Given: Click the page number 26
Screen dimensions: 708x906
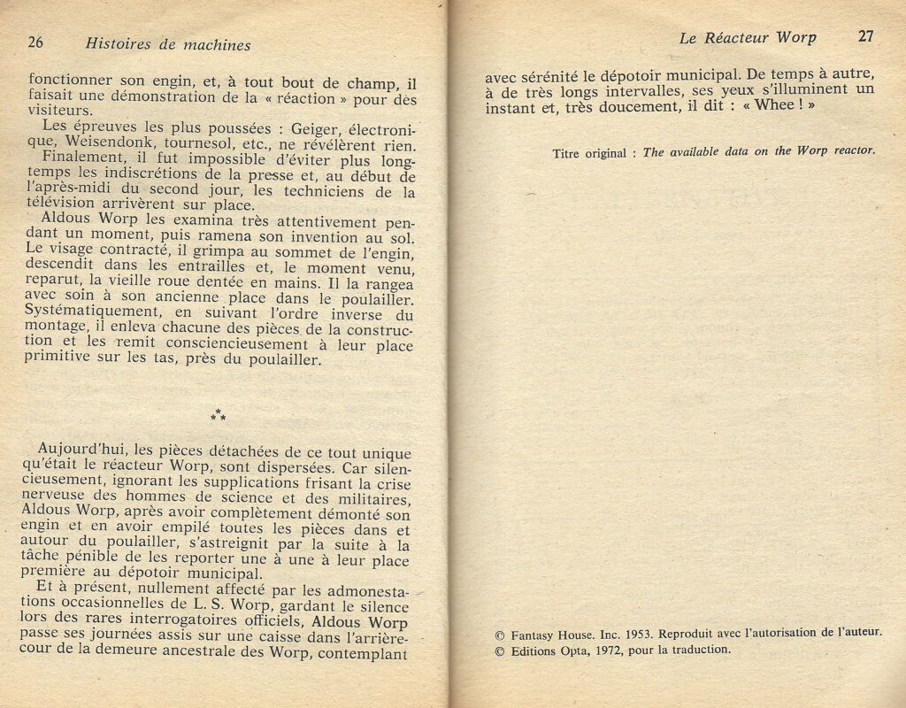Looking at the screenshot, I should pyautogui.click(x=36, y=42).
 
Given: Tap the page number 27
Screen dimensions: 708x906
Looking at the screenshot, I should pyautogui.click(x=865, y=37).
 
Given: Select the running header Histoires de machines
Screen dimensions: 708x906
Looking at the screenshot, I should pyautogui.click(x=168, y=44).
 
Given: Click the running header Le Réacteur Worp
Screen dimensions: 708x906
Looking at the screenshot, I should pyautogui.click(x=748, y=38).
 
